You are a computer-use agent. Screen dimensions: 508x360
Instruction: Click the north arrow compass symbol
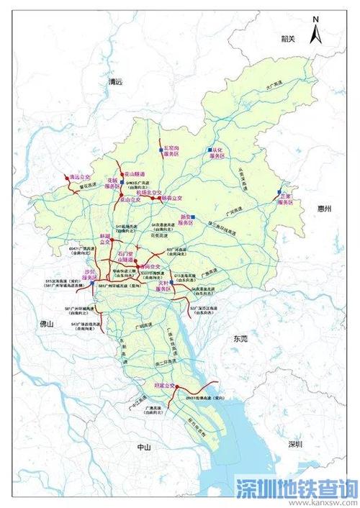click(314, 33)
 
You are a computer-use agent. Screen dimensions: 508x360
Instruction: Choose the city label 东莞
click(235, 338)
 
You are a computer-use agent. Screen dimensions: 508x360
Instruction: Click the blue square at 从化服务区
click(210, 150)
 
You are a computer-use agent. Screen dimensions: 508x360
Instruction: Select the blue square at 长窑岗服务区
click(159, 150)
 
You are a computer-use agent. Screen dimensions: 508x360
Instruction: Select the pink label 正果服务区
click(289, 201)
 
